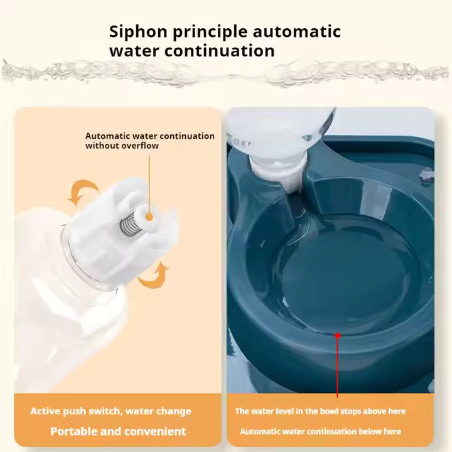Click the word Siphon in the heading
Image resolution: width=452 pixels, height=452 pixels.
(x=138, y=32)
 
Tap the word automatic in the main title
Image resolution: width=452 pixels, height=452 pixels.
(x=296, y=32)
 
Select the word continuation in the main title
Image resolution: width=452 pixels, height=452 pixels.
(x=219, y=51)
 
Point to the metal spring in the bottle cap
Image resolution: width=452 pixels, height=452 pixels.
(x=127, y=223)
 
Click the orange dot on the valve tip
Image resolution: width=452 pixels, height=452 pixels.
(x=149, y=217)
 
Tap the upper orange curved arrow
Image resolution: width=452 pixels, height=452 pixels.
(x=82, y=191)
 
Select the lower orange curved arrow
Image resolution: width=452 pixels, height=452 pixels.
(x=154, y=276)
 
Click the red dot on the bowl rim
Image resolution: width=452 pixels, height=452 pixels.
(x=338, y=335)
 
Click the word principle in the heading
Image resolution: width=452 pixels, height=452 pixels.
(x=210, y=32)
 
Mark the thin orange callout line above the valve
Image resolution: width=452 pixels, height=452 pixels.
(x=149, y=184)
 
